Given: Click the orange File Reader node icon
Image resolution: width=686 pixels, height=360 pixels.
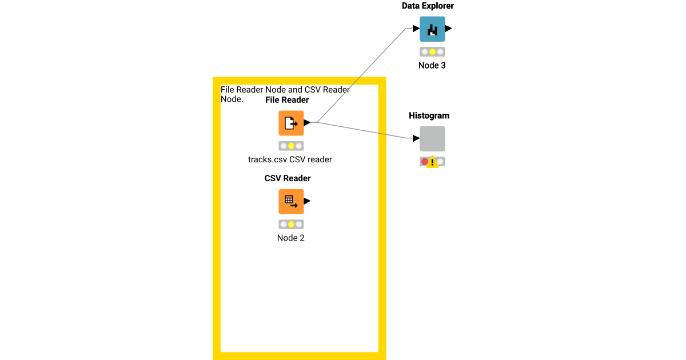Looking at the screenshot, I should point(291,123).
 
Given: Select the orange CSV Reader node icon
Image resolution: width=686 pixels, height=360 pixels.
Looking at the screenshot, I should point(291,201).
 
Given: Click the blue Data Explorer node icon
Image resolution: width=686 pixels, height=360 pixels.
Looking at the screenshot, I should point(432,29).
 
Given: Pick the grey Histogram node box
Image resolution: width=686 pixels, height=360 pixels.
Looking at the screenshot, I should point(432,138).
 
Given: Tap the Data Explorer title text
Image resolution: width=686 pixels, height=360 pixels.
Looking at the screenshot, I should point(428,6).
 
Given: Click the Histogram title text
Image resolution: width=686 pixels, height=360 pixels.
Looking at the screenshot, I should point(429,115).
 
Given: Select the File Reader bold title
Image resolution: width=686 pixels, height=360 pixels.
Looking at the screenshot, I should point(287,100).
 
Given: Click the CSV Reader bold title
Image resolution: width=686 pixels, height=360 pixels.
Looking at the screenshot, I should point(288,178).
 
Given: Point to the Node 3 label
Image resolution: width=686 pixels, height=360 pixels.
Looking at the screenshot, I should point(432,65).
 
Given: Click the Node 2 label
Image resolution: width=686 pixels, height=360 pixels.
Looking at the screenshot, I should point(291,238).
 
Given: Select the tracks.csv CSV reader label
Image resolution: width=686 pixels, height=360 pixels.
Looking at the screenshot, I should point(290,159).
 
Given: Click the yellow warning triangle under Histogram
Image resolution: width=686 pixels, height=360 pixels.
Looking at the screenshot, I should point(433,162).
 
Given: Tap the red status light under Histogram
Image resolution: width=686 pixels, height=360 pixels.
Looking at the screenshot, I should point(425,162).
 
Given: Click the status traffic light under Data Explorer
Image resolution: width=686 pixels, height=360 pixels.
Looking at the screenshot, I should point(432,51).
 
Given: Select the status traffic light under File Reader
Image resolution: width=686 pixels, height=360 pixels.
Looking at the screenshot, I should point(291,146).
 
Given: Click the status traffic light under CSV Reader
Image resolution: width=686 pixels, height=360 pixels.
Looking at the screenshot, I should point(291,224).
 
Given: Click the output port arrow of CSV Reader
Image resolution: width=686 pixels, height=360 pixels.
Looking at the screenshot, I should point(307,201).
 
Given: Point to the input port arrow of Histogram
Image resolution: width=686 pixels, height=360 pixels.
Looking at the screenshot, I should point(416,138).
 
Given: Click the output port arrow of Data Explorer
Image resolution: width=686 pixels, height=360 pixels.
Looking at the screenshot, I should point(449,29).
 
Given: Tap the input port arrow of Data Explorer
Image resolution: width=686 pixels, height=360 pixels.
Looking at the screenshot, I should point(416,29).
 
